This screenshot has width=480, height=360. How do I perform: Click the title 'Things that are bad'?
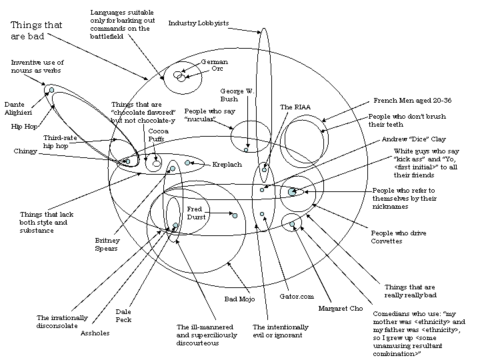point(36,31)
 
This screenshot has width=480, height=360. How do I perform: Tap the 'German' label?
point(214,62)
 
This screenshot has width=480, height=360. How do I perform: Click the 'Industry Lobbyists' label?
point(198,23)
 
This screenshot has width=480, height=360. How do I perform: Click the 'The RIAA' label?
point(295,107)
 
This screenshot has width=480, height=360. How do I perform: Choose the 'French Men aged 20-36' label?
point(412,101)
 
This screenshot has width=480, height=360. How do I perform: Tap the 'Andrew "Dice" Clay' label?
point(413,140)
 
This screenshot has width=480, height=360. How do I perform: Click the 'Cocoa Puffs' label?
point(157,135)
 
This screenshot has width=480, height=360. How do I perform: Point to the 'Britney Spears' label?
point(107,244)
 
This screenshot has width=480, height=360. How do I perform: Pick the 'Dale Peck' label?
point(123,316)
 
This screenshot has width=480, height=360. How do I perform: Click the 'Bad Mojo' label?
point(239,299)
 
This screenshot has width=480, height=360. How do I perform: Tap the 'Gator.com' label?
point(296,296)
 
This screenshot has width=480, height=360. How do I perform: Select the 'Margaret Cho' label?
point(340,309)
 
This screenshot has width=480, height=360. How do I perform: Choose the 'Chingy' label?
point(25,151)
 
